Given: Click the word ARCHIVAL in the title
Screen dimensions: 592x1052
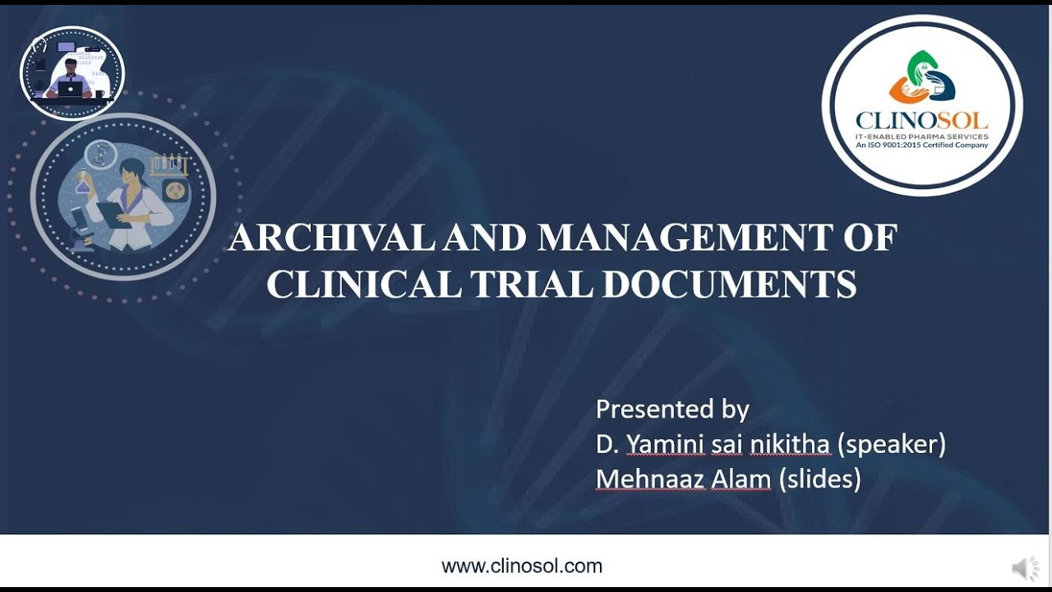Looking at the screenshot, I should coord(331,238).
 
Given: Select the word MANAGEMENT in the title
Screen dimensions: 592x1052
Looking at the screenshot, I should coord(685,238).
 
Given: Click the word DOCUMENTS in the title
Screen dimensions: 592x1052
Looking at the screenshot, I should coord(729,284).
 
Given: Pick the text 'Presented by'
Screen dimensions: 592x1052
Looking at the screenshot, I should coord(672,409).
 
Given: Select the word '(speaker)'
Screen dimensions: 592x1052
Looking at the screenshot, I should coord(892,444).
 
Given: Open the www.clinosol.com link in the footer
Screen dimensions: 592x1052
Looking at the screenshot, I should coord(522,566).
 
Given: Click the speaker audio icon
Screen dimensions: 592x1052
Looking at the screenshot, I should coord(1025,567).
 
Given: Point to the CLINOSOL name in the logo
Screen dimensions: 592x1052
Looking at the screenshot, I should coord(921,121).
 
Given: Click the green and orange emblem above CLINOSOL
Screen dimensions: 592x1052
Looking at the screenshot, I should coord(922,78).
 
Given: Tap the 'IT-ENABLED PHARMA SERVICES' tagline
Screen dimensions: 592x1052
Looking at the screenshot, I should coord(922,136).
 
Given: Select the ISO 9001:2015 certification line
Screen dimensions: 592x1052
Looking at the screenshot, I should coord(922,146).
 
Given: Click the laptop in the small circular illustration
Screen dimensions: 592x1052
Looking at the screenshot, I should coord(70,88).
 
